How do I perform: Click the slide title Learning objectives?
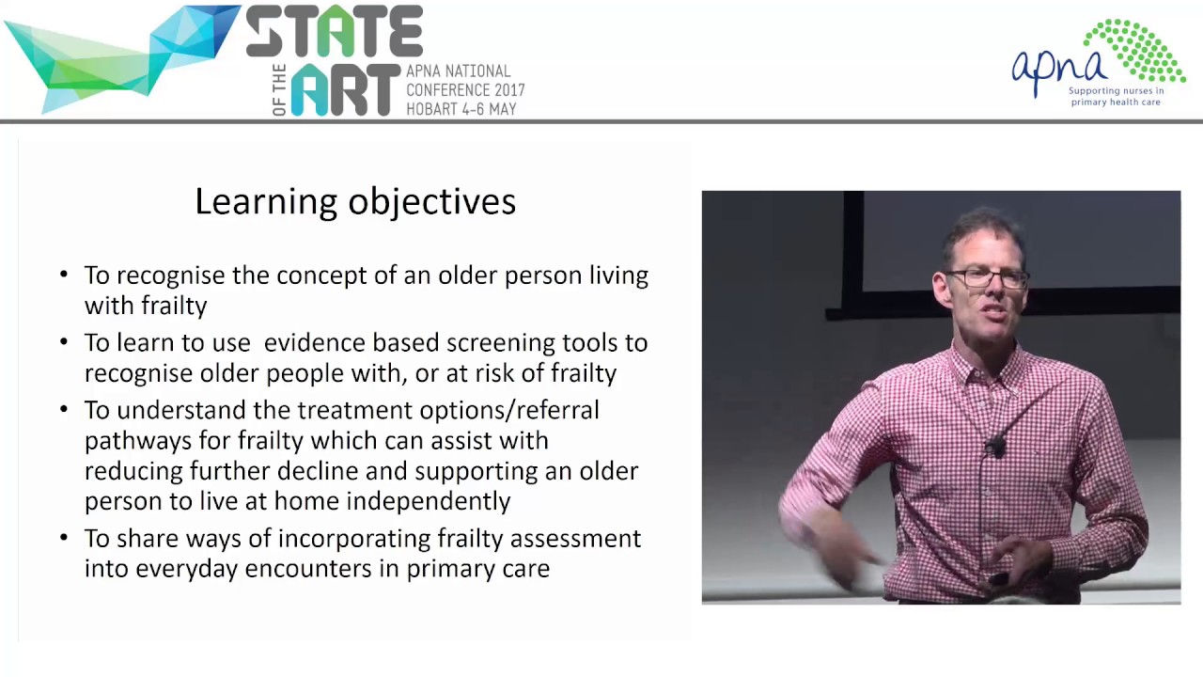pos(355,201)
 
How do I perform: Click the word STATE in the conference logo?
pos(335,33)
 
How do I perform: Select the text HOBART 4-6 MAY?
pos(461,109)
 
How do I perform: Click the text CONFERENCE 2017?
pos(465,90)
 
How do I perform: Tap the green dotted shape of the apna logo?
pos(1136,49)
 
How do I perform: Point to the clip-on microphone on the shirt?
pos(995,447)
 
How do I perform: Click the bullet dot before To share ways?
pos(64,538)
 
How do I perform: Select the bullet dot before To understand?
pos(64,410)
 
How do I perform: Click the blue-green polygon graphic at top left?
pos(122,56)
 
